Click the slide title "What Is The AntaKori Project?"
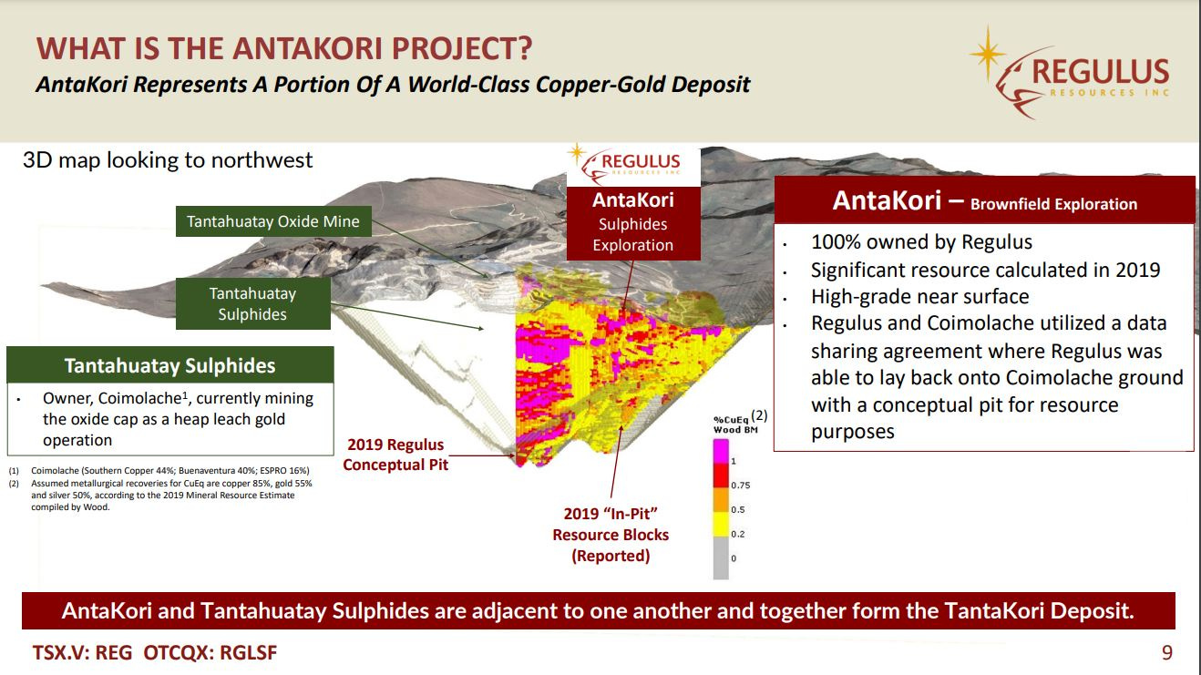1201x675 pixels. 284,48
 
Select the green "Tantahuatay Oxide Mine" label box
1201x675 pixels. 273,221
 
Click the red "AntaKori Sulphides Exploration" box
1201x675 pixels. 633,223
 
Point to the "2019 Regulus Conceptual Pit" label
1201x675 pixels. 395,455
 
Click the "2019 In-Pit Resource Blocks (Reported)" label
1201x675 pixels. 611,535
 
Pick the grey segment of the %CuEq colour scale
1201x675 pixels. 721,557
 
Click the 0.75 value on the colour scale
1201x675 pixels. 741,486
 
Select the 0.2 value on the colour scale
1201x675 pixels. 738,534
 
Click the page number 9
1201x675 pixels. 1167,652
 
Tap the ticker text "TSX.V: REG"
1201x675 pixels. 82,652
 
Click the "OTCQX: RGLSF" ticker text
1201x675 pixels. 210,652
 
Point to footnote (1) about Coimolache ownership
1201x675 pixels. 159,471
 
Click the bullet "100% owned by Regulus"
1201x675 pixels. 921,241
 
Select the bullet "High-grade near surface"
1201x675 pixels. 919,296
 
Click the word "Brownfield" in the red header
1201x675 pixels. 1004,204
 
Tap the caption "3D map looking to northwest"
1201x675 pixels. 168,160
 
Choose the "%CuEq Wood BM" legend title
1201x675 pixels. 735,424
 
